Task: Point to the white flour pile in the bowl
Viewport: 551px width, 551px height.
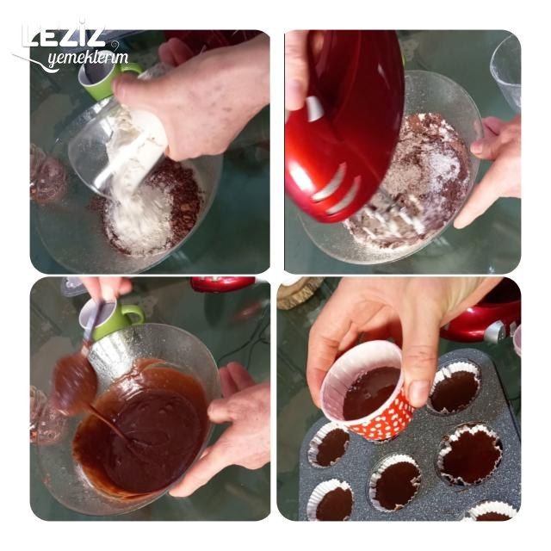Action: coord(140,221)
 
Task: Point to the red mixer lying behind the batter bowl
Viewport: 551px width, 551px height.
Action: coord(222,284)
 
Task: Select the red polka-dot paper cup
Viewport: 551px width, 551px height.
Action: coord(368,390)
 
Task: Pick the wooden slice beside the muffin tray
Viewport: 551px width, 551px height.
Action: coord(299,292)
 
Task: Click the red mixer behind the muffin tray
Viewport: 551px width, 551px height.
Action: coord(485,316)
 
